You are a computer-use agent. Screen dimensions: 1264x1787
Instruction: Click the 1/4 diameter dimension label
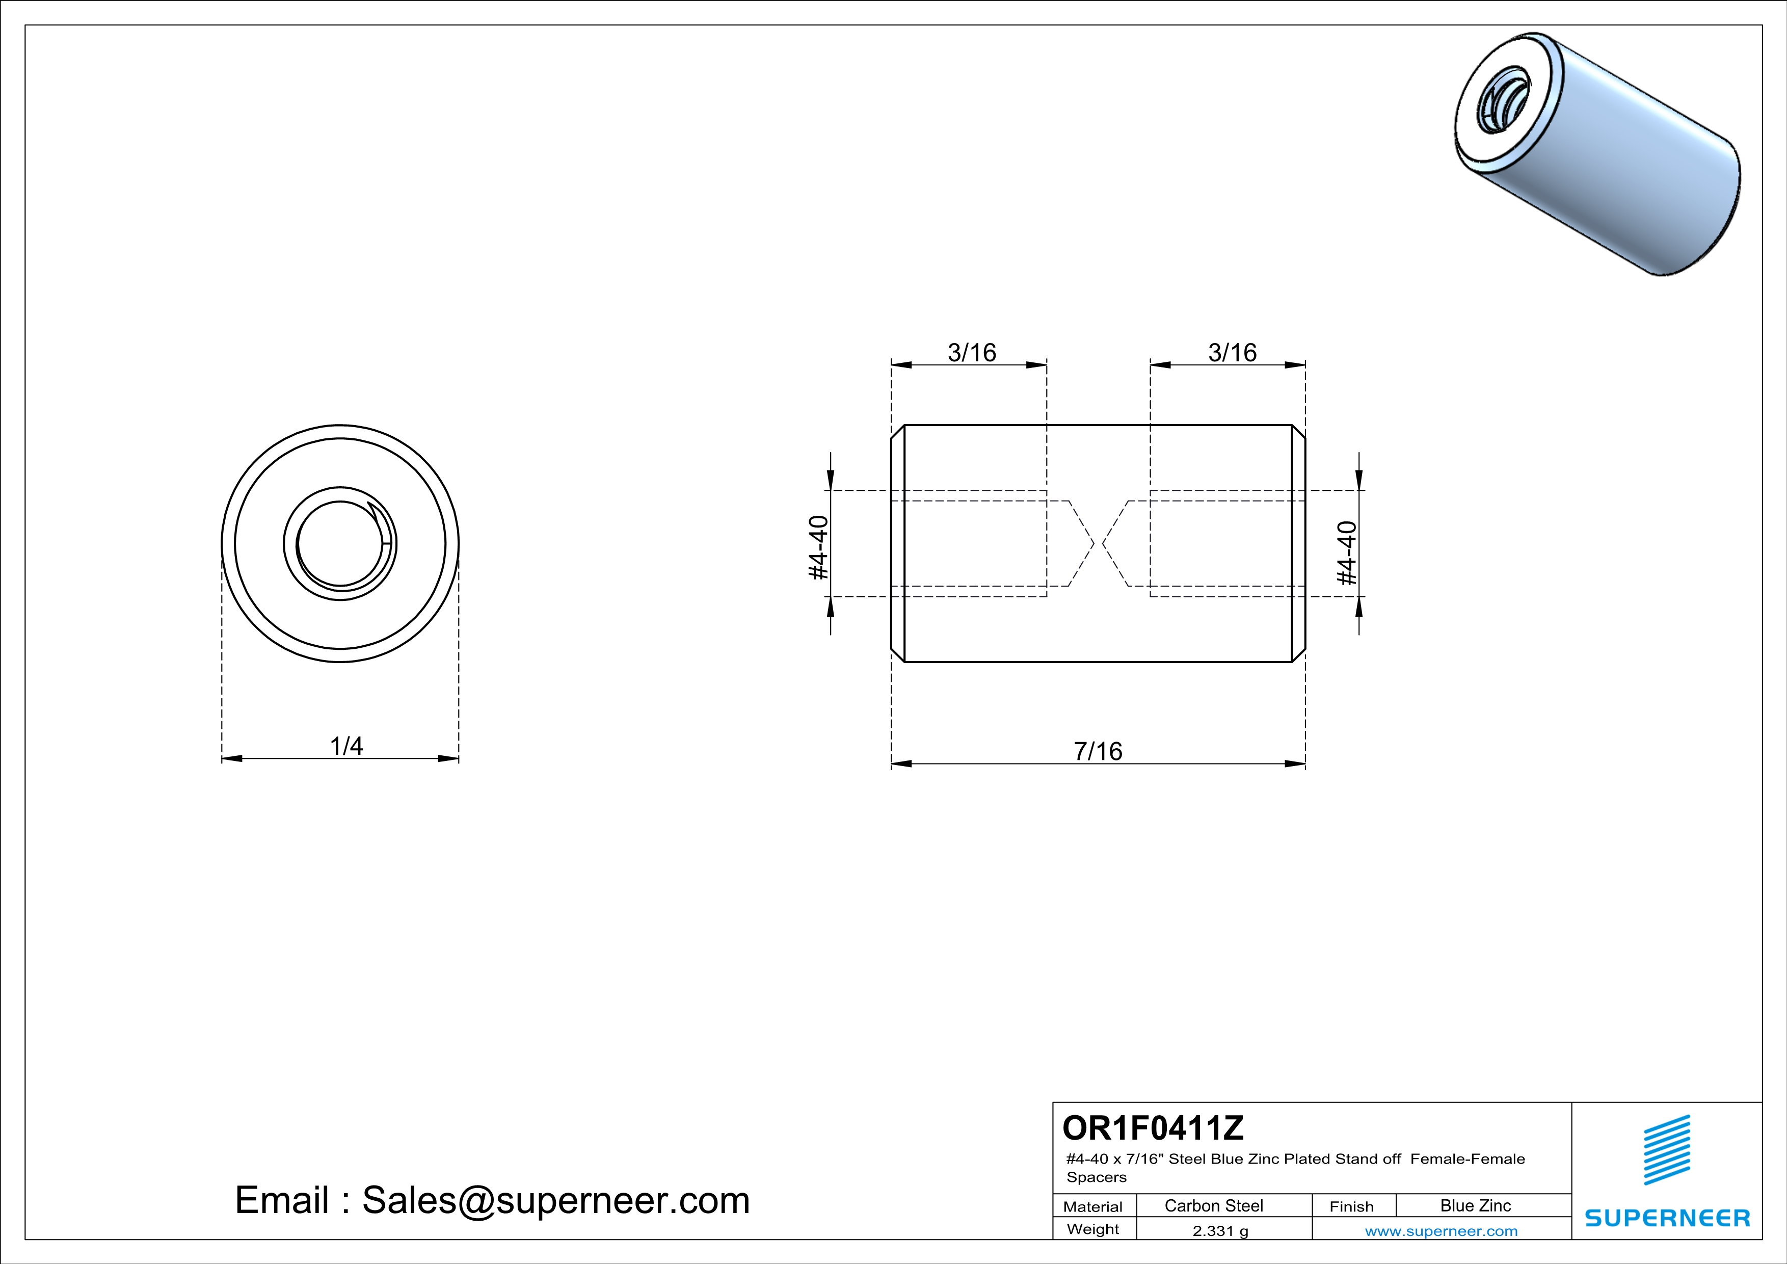point(346,746)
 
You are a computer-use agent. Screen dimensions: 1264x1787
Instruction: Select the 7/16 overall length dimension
point(1098,751)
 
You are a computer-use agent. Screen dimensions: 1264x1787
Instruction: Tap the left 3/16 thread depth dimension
point(971,353)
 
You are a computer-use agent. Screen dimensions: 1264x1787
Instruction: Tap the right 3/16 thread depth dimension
point(1232,353)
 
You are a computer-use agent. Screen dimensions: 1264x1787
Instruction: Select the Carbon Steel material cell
point(1213,1205)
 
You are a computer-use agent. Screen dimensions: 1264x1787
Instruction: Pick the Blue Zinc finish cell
point(1475,1205)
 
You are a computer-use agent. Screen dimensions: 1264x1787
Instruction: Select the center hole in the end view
point(340,543)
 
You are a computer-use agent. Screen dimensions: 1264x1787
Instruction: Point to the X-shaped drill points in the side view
point(1098,543)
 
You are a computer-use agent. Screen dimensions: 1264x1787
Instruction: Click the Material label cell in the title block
point(1093,1206)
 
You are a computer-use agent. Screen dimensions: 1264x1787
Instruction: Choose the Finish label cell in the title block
point(1351,1206)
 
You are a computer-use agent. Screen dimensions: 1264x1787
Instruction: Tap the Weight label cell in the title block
point(1093,1229)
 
